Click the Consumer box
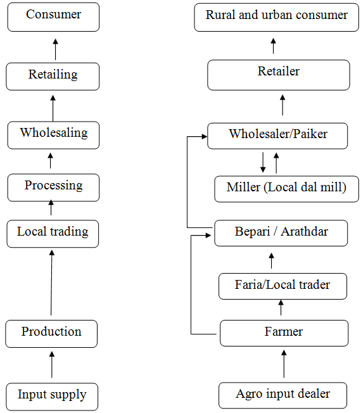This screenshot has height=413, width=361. pyautogui.click(x=53, y=17)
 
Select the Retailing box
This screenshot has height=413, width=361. pyautogui.click(x=53, y=77)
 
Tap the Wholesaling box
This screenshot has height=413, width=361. pyautogui.click(x=53, y=135)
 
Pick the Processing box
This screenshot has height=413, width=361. pyautogui.click(x=53, y=187)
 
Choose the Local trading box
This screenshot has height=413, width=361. pyautogui.click(x=53, y=234)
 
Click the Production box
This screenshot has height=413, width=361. pyautogui.click(x=51, y=334)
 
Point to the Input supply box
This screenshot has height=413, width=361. pyautogui.click(x=52, y=397)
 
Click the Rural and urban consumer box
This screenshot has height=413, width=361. pyautogui.click(x=277, y=17)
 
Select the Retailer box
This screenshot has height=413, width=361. pyautogui.click(x=279, y=75)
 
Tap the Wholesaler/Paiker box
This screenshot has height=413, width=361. pyautogui.click(x=277, y=136)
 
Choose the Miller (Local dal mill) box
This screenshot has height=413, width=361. pyautogui.click(x=286, y=189)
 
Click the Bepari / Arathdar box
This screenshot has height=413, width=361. pyautogui.click(x=281, y=233)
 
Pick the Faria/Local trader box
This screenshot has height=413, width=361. pyautogui.click(x=283, y=286)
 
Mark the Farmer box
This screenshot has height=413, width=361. pyautogui.click(x=284, y=333)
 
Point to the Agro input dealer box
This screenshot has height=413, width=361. pyautogui.click(x=283, y=395)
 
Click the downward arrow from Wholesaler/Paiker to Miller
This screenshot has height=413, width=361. pyautogui.click(x=263, y=162)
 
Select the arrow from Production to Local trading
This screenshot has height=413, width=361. pyautogui.click(x=51, y=283)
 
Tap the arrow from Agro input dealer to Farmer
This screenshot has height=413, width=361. pyautogui.click(x=284, y=364)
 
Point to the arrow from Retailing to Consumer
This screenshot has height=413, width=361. pyautogui.click(x=55, y=49)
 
